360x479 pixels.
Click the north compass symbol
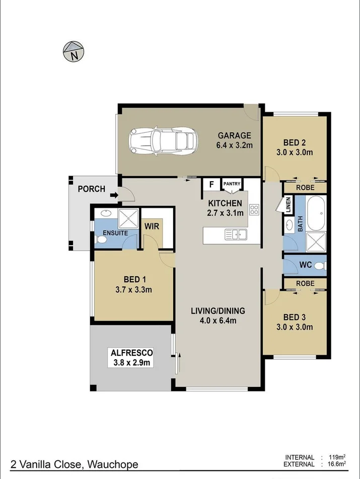pos(74,51)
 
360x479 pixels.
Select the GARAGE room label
pos(234,135)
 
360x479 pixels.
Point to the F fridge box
pos(211,184)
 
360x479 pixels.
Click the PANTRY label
pos(232,184)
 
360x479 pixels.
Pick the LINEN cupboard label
pos(289,205)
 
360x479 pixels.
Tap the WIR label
pos(152,226)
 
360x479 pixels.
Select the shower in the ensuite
pos(128,218)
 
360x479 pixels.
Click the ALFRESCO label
pos(131,353)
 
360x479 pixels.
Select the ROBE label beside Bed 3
pos(305,283)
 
